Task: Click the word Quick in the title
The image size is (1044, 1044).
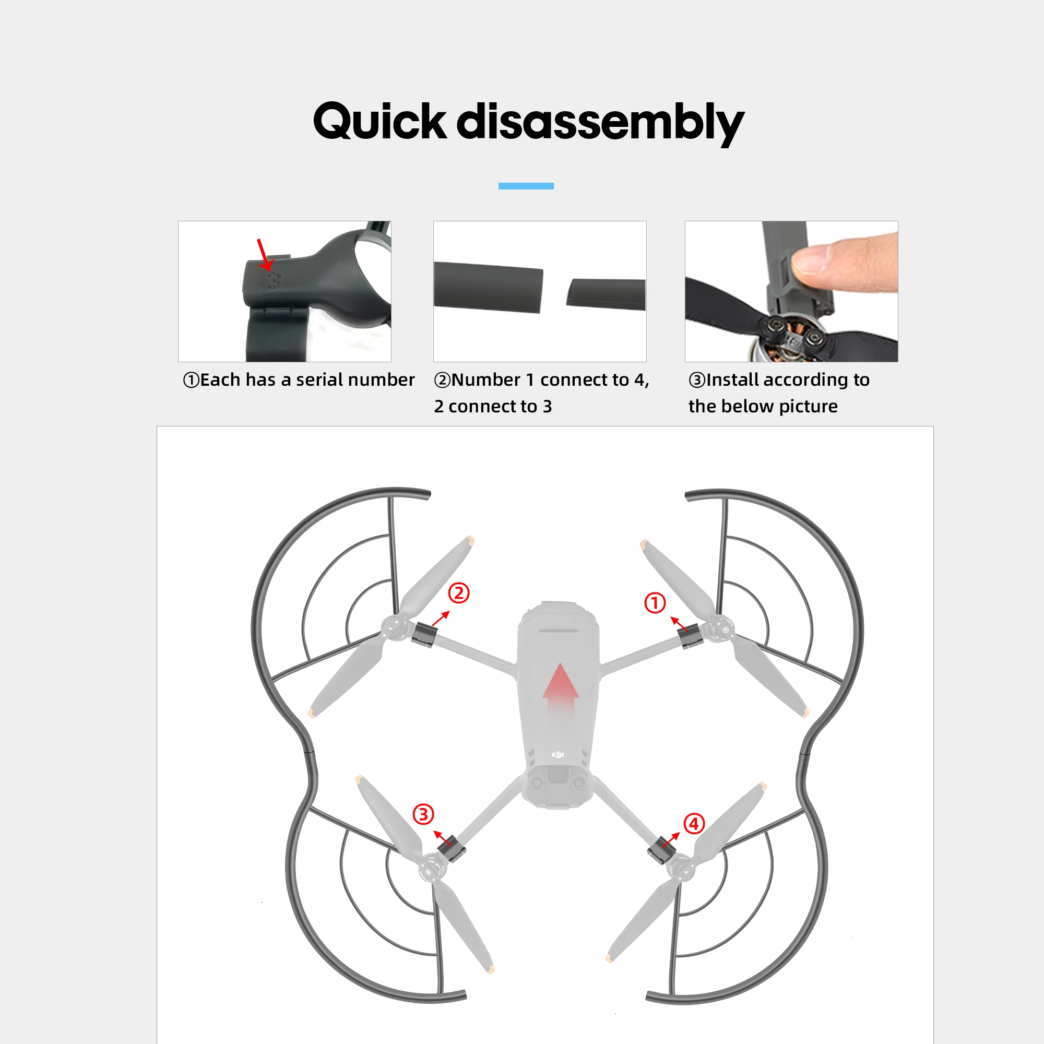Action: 380,121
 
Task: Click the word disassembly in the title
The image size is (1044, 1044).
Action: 600,124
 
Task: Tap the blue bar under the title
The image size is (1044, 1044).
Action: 526,186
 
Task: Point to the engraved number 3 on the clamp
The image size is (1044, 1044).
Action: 275,280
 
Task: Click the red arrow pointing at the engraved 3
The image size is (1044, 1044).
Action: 264,255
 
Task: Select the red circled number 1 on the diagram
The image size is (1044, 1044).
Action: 655,602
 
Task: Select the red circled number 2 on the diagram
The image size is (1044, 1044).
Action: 459,593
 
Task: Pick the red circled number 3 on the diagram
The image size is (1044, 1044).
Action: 423,814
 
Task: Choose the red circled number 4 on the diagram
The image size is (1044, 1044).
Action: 694,824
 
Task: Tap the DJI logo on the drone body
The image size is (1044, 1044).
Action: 558,754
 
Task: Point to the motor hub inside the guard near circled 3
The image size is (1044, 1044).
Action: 429,870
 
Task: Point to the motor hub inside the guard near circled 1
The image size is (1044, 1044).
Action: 722,630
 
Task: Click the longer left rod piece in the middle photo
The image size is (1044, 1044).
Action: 488,288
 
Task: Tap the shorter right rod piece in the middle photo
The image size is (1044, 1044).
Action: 606,294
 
